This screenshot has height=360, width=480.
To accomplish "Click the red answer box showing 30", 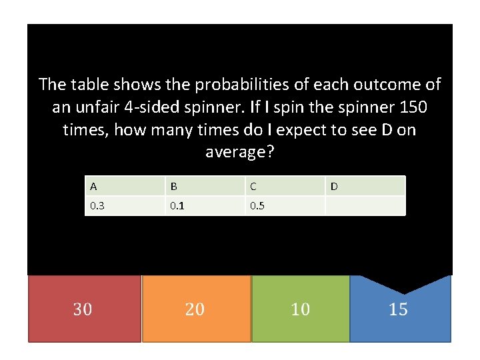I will click(x=83, y=309).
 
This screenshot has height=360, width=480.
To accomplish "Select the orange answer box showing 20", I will click(x=196, y=309).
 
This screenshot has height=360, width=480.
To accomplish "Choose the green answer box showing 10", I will click(x=300, y=309).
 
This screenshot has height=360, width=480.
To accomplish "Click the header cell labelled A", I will click(x=125, y=186).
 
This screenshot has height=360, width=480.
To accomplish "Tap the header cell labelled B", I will click(x=205, y=186).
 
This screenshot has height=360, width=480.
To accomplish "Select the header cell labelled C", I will click(x=285, y=186).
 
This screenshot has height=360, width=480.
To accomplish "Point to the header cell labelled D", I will click(x=365, y=186).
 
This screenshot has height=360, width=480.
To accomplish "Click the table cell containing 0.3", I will click(x=125, y=205).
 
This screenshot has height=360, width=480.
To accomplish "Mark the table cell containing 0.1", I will click(x=205, y=205).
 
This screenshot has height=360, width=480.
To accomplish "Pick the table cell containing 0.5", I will click(x=285, y=205).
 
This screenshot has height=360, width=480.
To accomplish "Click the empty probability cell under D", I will click(x=365, y=205).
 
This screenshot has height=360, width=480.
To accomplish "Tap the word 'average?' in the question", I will click(x=240, y=152).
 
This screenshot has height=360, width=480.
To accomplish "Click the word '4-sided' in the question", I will click(x=152, y=107).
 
